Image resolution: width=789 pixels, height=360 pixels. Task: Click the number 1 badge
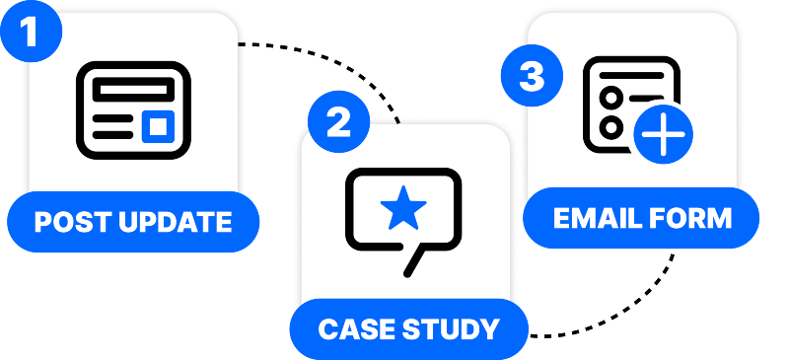pos(31,31)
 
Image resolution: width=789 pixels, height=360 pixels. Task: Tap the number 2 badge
pos(338,123)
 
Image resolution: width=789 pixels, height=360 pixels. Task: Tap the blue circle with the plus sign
pos(663,135)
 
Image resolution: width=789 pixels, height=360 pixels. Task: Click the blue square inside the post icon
pos(158,125)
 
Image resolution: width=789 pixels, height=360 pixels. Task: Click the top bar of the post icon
pos(134,86)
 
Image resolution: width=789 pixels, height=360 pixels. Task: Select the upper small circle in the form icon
pos(611,97)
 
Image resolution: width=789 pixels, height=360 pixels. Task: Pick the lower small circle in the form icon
pos(611,127)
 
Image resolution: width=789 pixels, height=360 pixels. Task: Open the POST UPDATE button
pos(133,222)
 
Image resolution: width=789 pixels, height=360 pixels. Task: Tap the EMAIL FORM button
pos(641,218)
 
